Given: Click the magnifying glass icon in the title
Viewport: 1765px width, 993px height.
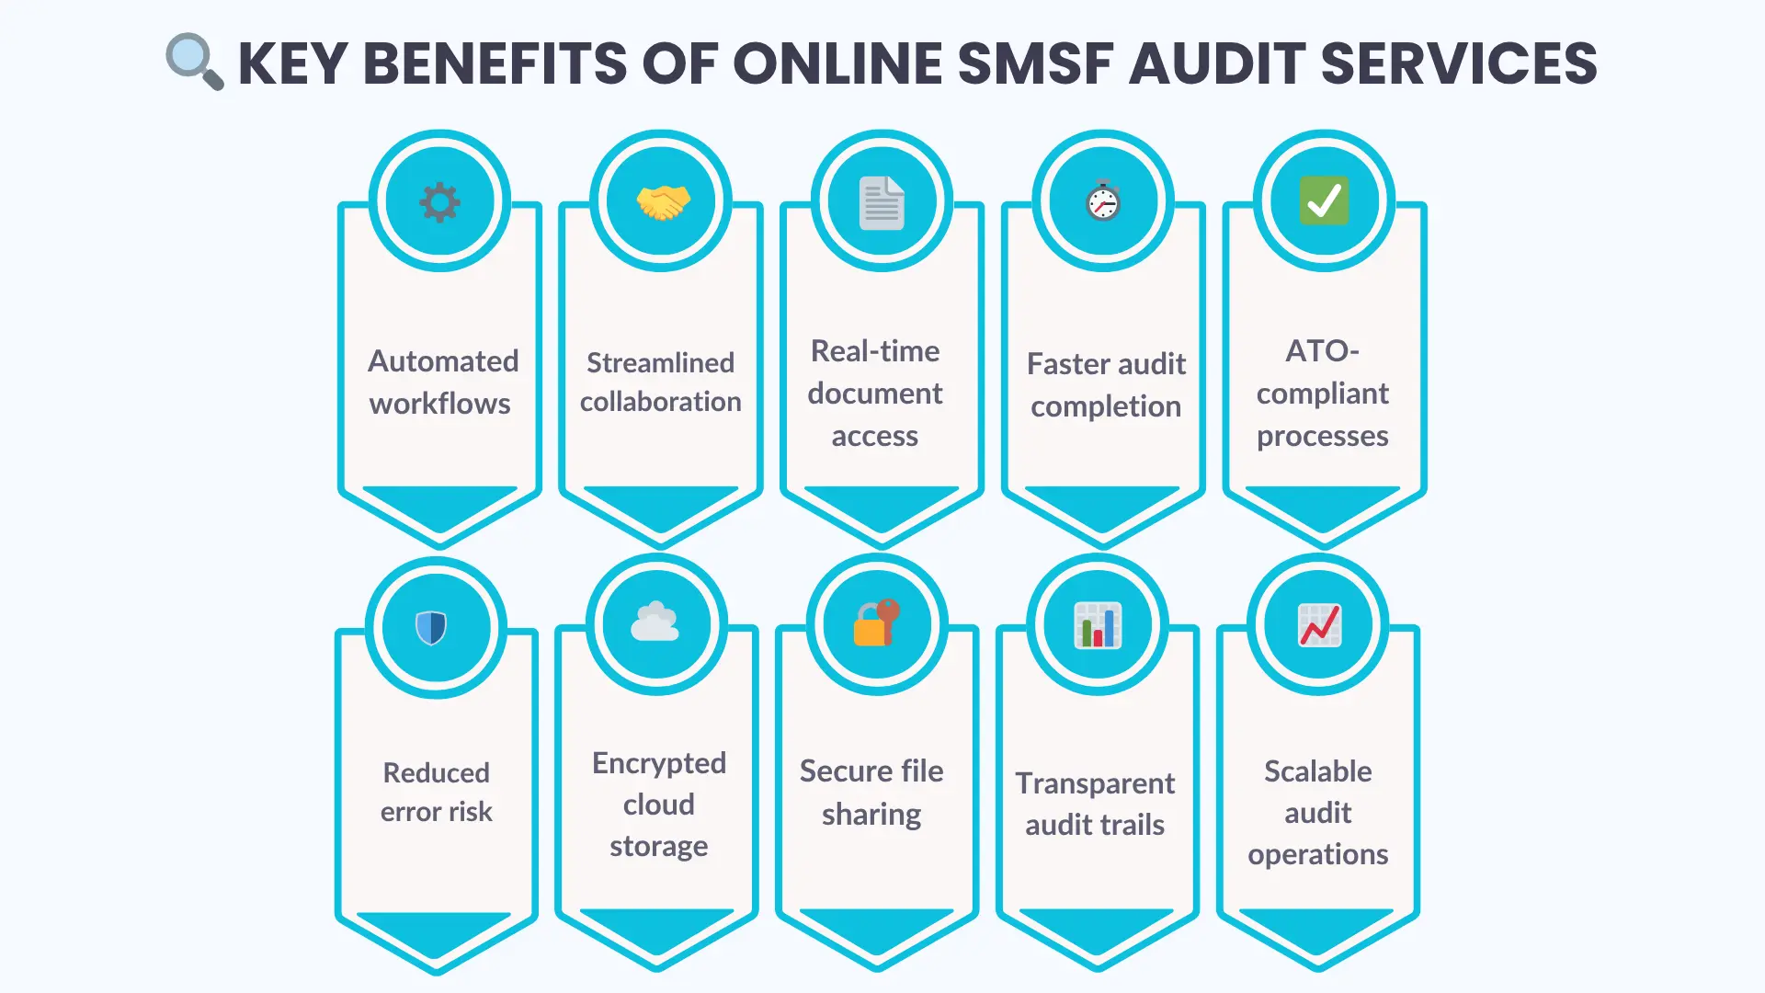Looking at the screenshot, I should (194, 62).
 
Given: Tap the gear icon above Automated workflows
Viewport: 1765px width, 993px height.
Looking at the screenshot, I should (439, 202).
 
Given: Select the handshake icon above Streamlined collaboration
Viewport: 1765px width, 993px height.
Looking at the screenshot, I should (662, 202).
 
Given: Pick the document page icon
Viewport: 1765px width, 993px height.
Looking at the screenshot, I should (882, 202).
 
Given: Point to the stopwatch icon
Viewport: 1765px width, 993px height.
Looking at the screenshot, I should (1103, 201).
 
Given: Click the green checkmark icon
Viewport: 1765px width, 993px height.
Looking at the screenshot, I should (1324, 201).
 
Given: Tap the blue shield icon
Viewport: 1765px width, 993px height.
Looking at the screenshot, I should (431, 628).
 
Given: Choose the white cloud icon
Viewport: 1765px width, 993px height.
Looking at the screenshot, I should (655, 623).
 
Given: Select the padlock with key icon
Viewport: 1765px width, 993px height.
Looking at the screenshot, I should (876, 623).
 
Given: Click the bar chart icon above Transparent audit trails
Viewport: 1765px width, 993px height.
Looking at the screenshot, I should (1098, 626).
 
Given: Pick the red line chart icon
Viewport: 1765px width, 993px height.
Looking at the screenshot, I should (1319, 626).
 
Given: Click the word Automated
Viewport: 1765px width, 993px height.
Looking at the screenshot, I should (443, 361).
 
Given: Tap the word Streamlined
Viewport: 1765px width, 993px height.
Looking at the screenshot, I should (660, 363).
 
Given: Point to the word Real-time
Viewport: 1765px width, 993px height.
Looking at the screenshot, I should (875, 351).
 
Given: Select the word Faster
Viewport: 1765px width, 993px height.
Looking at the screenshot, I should (1066, 364).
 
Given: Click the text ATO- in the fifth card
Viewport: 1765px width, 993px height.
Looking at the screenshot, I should (1322, 351).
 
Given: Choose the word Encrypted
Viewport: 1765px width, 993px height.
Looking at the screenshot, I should (659, 763).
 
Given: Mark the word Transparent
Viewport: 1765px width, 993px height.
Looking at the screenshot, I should (1095, 783).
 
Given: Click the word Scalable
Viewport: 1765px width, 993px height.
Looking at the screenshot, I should (1317, 771).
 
